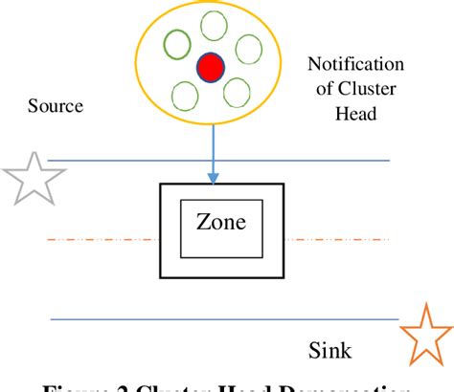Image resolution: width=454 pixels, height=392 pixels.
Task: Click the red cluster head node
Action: coord(210,68)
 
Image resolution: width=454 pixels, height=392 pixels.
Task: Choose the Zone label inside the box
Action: coord(220,223)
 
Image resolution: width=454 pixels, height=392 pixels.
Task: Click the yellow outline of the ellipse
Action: coord(139,67)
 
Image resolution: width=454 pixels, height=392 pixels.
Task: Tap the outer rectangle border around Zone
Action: coord(159,229)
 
